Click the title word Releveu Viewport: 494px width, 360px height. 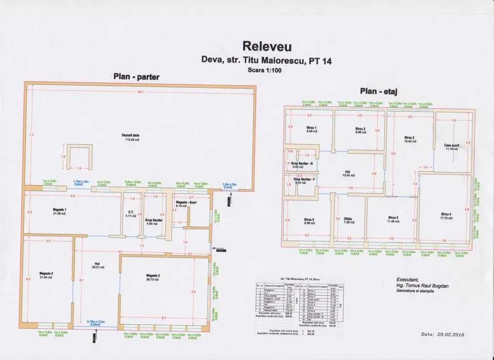point(267,46)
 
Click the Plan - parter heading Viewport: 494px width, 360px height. point(136,77)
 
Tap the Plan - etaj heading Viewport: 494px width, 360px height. point(381,91)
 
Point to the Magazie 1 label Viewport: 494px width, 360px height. point(60,210)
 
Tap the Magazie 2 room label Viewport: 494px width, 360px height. point(46,274)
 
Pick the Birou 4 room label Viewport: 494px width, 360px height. point(446,214)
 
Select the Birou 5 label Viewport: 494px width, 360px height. point(394,218)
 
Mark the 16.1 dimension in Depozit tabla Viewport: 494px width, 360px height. point(140,93)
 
